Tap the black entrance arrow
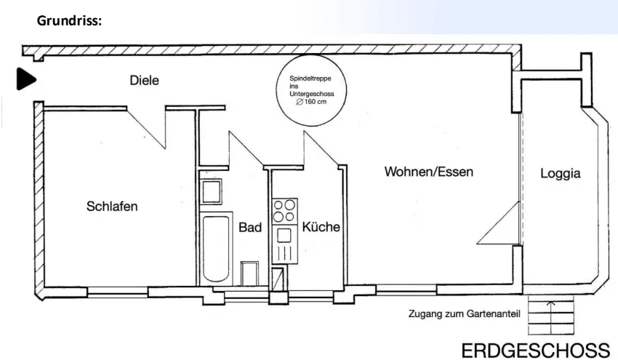coord(26,79)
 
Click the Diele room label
coord(144,80)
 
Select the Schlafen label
coord(112,206)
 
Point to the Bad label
coord(250,228)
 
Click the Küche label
coord(321,227)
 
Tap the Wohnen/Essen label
coord(429,172)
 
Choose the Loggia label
coord(561,174)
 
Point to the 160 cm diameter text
coord(311,103)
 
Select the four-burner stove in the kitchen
coord(284,210)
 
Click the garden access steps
coord(551,317)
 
